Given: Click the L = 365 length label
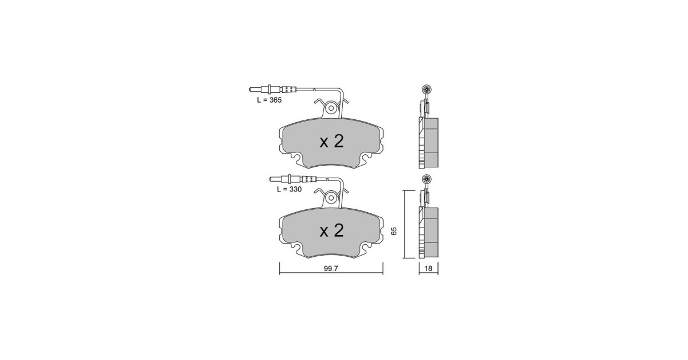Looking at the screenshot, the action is (x=269, y=100).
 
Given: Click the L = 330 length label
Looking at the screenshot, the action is (x=290, y=190).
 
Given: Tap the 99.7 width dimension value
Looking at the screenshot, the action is (x=331, y=268).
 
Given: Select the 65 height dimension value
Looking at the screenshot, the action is (x=394, y=231).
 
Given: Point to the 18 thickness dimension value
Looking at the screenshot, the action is (x=428, y=268).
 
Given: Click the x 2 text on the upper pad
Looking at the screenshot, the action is (x=331, y=142).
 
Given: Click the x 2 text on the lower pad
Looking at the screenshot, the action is (x=331, y=230).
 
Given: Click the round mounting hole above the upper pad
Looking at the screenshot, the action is (x=331, y=108).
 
